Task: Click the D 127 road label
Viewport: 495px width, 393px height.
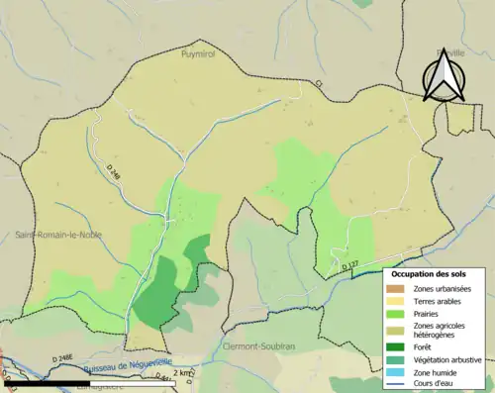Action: click(x=349, y=265)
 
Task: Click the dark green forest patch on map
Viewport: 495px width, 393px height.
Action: click(x=158, y=292)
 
